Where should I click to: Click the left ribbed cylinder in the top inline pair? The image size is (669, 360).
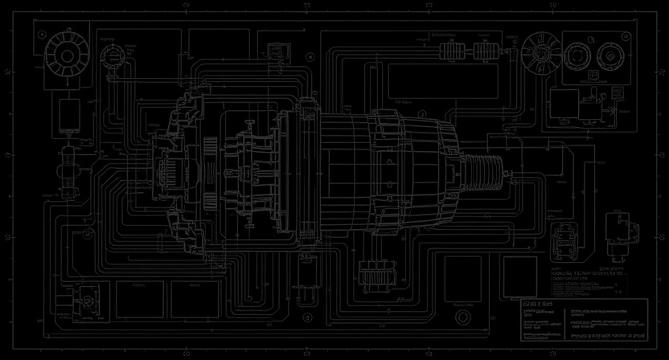coord(451,53)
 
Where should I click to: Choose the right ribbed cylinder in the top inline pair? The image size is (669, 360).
coord(484,53)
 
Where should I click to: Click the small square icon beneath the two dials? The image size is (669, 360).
coord(593,76)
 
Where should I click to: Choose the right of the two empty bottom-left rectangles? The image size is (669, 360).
coord(187,300)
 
